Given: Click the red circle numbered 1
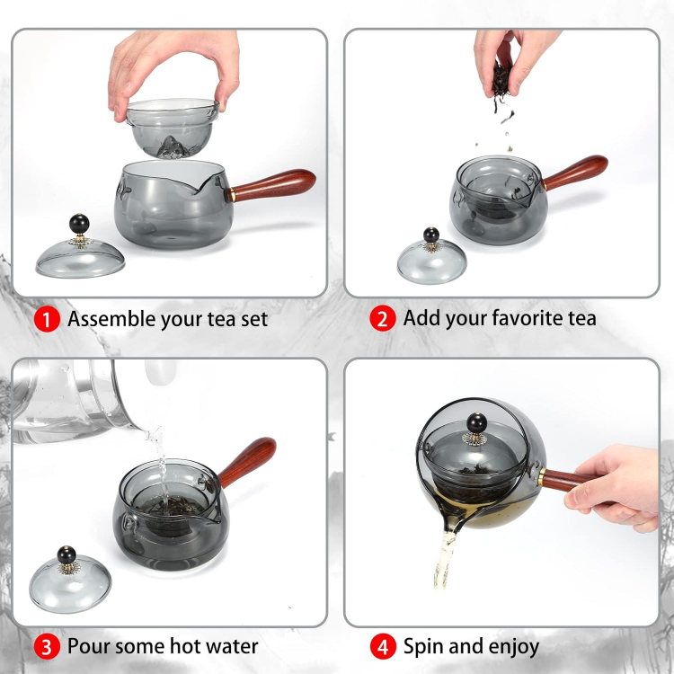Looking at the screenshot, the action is (x=47, y=319).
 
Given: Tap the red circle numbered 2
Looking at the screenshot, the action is (x=382, y=318).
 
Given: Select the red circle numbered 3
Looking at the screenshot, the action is (x=47, y=647).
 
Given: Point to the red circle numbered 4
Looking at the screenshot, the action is (x=383, y=647).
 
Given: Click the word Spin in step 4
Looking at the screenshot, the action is (x=421, y=647).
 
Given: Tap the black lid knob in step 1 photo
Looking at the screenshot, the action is (x=79, y=224).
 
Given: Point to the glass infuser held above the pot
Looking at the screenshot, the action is (x=173, y=129).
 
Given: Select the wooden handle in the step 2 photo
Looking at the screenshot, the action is (x=575, y=173).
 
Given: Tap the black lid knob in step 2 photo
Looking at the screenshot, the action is (x=431, y=235).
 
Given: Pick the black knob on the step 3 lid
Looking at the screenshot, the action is (x=67, y=555).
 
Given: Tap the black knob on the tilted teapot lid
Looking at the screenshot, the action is (x=476, y=423).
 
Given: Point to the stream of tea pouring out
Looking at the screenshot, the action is (x=444, y=559).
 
